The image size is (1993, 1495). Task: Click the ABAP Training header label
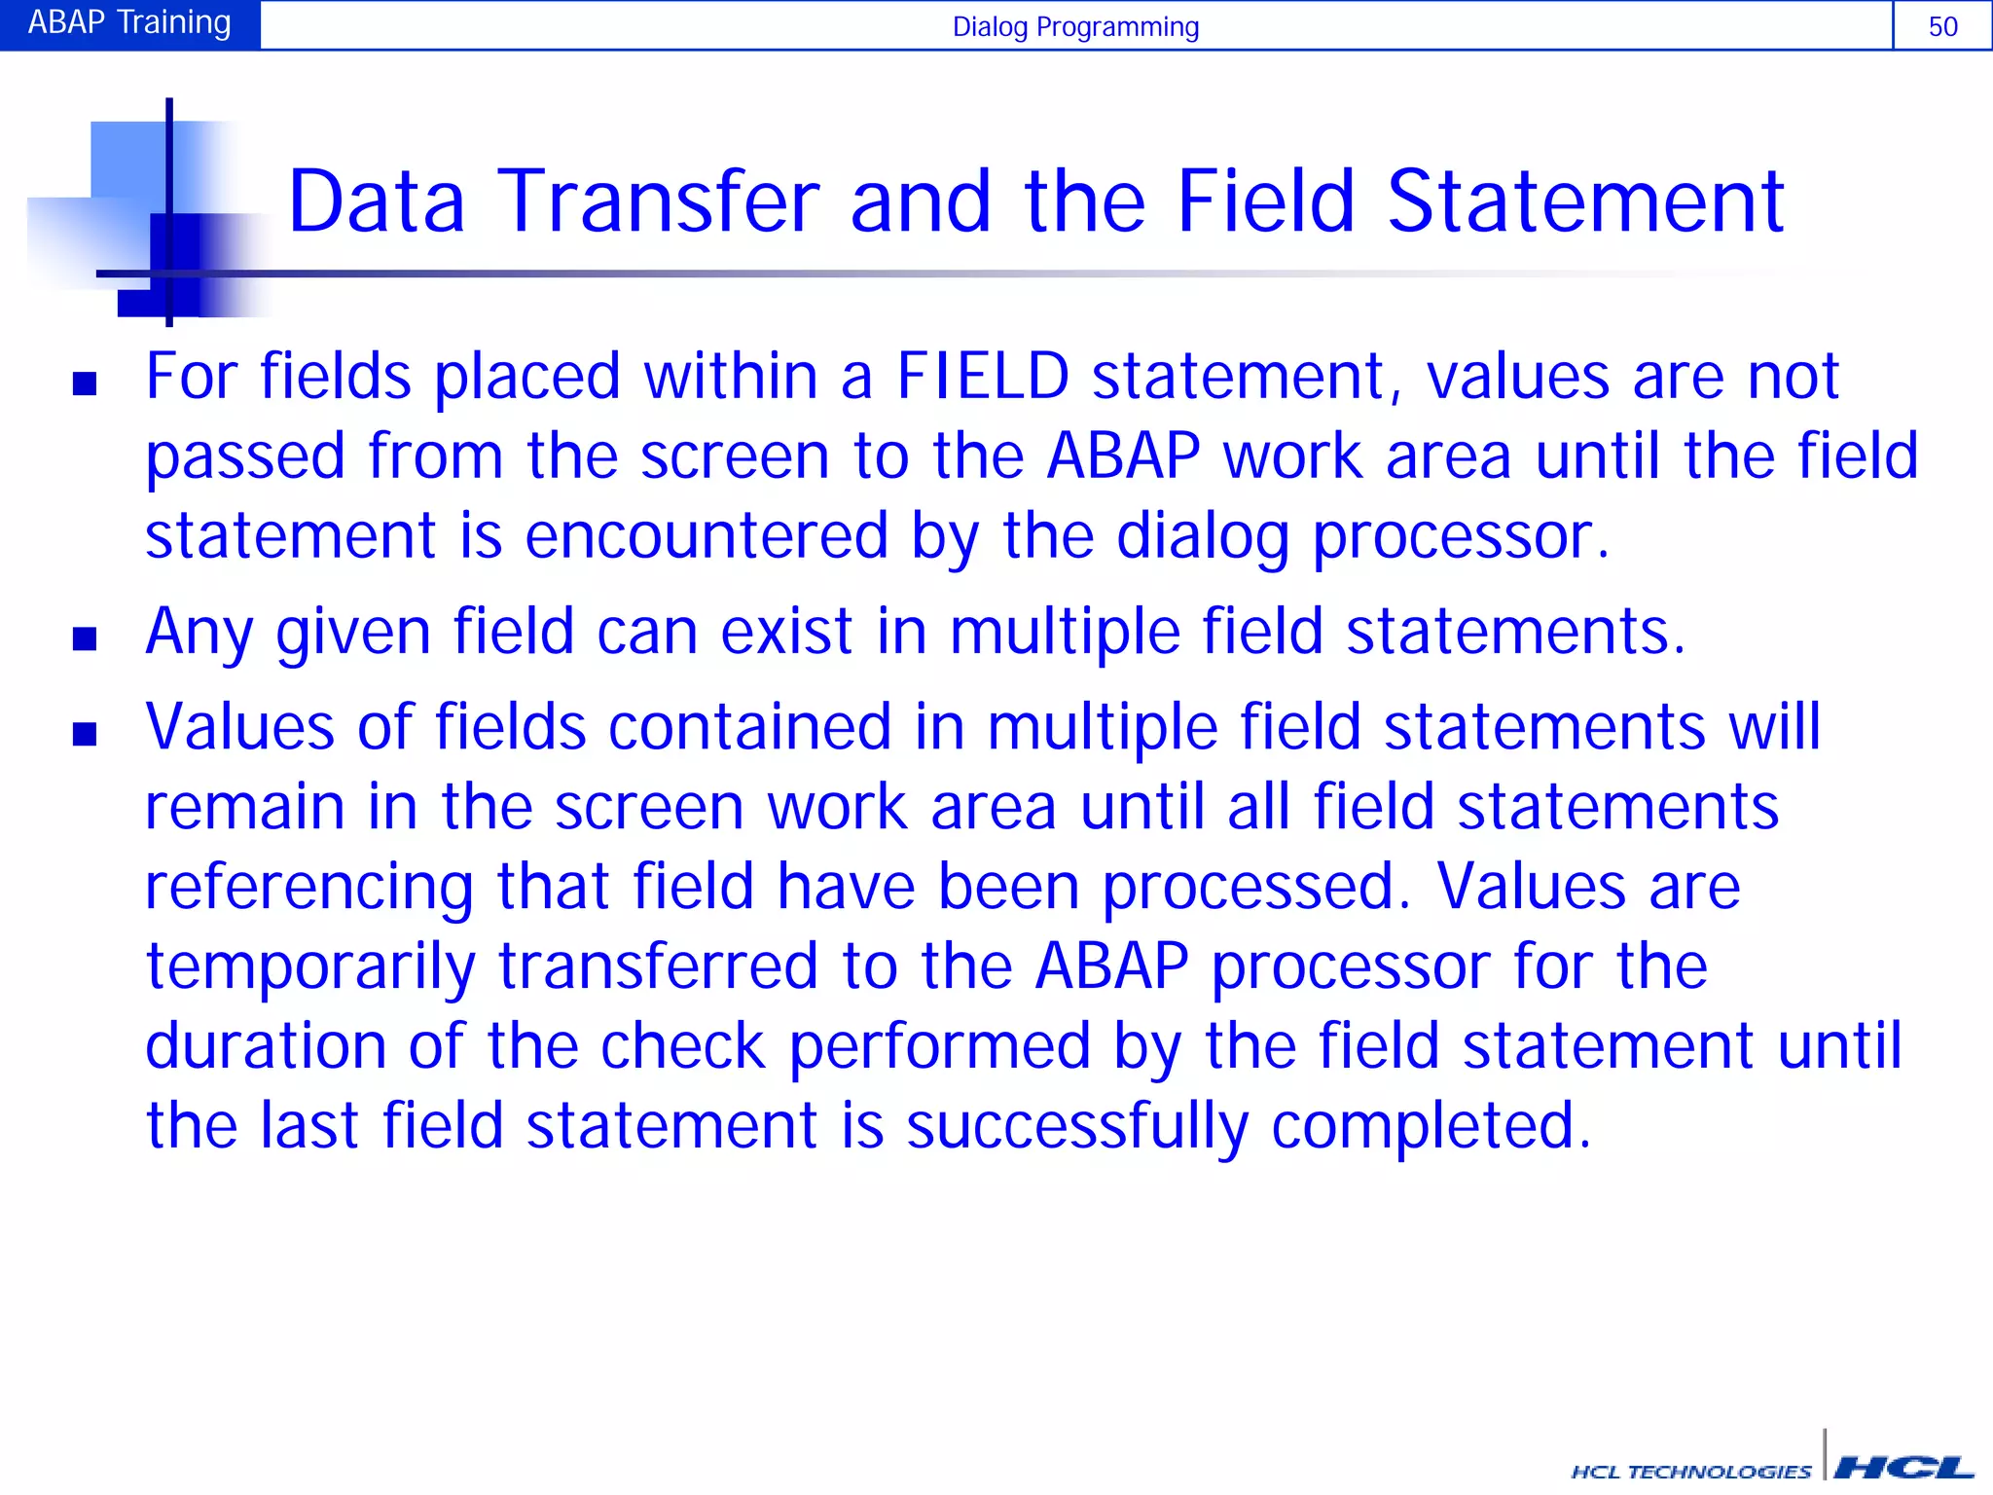tap(129, 22)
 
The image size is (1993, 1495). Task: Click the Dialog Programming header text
tap(1075, 26)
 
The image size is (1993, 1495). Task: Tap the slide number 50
tap(1942, 26)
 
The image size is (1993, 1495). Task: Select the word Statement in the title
tap(1585, 201)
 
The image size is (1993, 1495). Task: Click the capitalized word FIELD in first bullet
tap(982, 377)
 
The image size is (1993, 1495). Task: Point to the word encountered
tap(707, 536)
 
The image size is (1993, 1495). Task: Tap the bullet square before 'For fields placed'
tap(85, 383)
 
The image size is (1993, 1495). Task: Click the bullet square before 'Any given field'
tap(85, 638)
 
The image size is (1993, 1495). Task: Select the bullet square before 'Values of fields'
tap(85, 734)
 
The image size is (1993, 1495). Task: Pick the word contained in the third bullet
tap(749, 727)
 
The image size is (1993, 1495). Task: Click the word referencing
tap(309, 887)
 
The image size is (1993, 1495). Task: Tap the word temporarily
tap(310, 966)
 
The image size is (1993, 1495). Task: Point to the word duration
tap(265, 1046)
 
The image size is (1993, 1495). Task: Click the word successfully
tap(1076, 1126)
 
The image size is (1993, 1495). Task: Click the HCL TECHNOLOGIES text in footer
tap(1690, 1472)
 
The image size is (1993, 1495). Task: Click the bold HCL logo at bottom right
tap(1902, 1467)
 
